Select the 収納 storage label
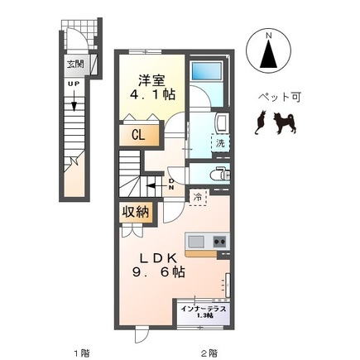[x=137, y=212]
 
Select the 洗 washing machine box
[x=219, y=142]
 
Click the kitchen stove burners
[x=220, y=242]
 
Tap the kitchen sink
[x=196, y=242]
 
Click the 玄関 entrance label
[x=75, y=62]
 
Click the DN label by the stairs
[x=171, y=184]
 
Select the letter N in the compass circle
[x=269, y=36]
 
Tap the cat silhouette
[x=261, y=124]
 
